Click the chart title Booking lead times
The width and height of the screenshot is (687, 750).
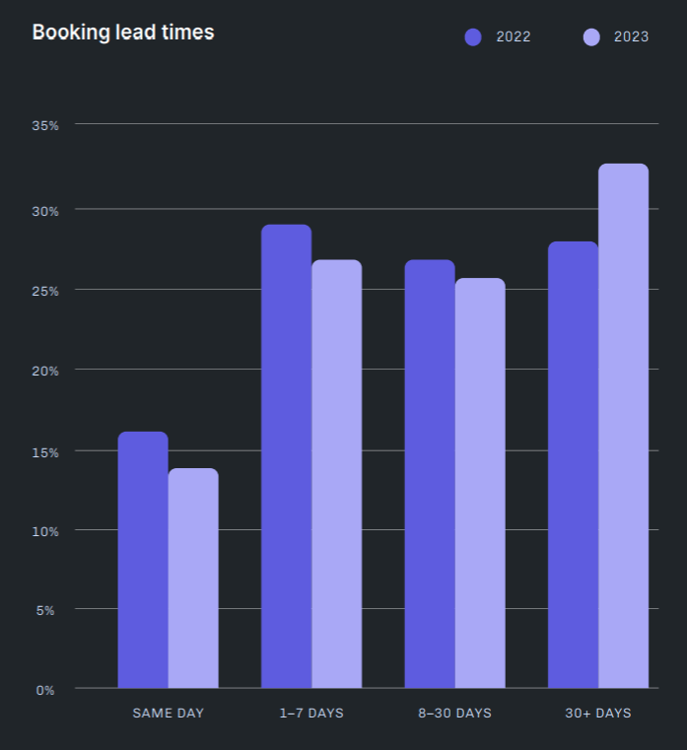[123, 33]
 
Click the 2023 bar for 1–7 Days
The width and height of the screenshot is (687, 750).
[337, 474]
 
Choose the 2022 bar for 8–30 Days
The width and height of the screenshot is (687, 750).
[430, 474]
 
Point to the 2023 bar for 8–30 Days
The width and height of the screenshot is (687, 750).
[480, 483]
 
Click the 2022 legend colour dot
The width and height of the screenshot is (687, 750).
[473, 37]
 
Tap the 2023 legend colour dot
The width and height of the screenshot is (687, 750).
[591, 37]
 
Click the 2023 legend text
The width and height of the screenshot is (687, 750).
[631, 37]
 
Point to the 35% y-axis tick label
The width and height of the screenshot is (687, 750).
[45, 125]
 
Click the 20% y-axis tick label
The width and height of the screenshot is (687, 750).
[45, 371]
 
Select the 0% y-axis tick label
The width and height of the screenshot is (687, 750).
[45, 690]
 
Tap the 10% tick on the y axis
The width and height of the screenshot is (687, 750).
[45, 531]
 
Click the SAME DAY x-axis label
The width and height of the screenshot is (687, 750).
[169, 713]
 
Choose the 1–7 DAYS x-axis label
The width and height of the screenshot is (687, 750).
[311, 713]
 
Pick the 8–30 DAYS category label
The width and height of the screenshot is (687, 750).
[454, 713]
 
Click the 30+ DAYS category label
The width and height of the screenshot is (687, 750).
[598, 713]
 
